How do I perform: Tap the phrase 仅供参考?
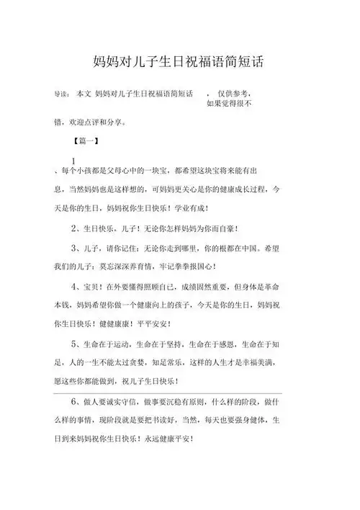click(234, 94)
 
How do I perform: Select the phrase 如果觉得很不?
click(229, 104)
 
